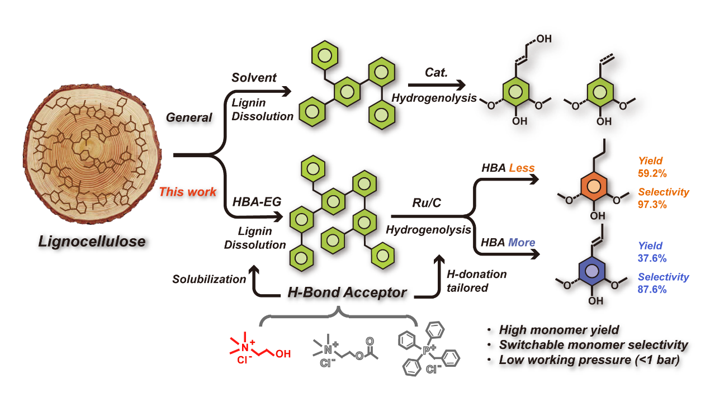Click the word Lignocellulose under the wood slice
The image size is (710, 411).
coord(92,242)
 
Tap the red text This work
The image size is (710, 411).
coord(187,192)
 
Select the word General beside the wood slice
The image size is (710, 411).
coord(189,117)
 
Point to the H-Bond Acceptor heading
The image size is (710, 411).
coord(347,292)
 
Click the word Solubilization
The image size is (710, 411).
coord(209,279)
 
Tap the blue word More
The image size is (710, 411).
coord(521,243)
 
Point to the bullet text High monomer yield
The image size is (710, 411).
coord(558,330)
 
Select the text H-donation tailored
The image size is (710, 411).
coord(476,281)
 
